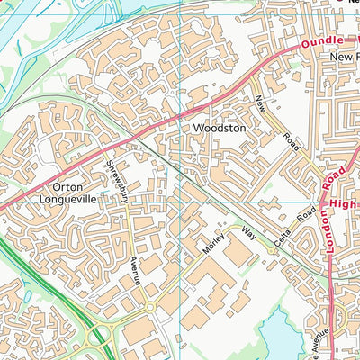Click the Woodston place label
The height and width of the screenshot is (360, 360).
coord(220,129)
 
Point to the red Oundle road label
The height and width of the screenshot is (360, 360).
coord(322,43)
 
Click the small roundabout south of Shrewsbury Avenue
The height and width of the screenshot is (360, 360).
coord(150,307)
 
